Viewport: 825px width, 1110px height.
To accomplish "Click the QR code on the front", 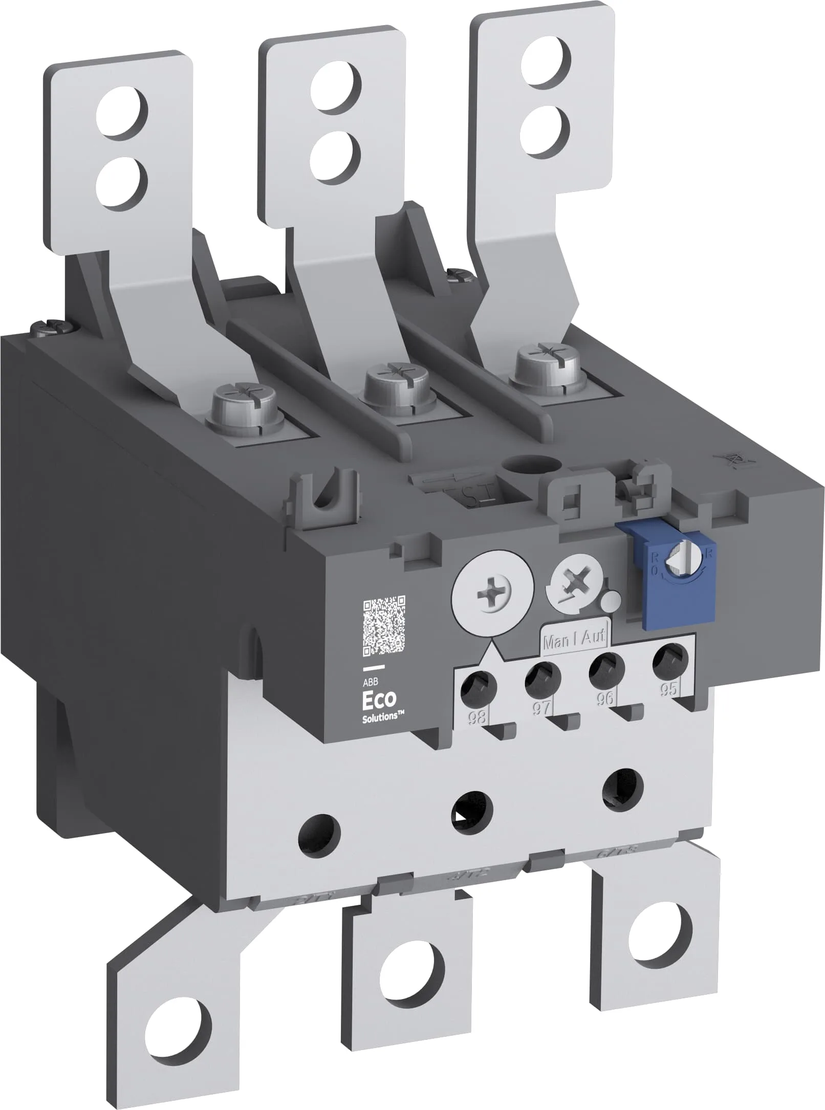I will (x=384, y=626).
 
